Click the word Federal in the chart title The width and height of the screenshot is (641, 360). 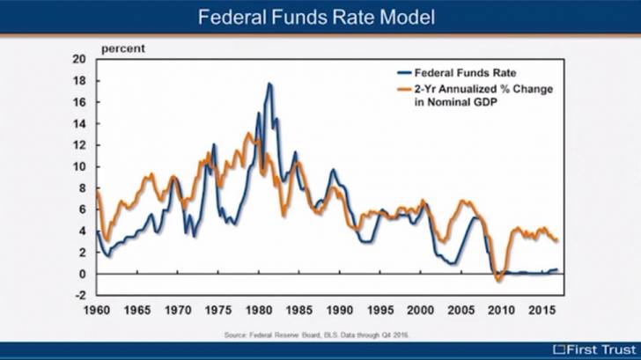pos(231,17)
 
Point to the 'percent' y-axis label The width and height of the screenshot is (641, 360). pos(123,48)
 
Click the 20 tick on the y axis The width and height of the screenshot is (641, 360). pos(78,59)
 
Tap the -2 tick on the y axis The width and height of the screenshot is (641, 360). pos(79,295)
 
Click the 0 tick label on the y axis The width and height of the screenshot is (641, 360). pos(81,274)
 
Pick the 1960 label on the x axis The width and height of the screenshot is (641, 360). pos(96,311)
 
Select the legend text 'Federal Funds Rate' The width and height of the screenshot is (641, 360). pos(466,73)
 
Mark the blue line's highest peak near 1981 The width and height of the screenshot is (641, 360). pos(269,84)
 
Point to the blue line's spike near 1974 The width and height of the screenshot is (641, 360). pos(214,144)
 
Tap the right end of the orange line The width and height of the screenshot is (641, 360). pos(556,240)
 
